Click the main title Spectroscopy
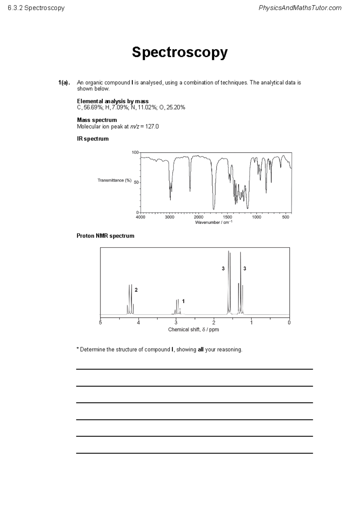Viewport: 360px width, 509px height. click(180, 53)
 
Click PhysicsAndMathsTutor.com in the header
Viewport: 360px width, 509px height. click(300, 8)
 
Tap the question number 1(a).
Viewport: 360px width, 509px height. click(64, 83)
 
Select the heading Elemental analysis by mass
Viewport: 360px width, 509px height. click(112, 101)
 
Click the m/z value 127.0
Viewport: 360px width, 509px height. click(152, 127)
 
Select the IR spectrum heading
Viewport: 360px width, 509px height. click(93, 139)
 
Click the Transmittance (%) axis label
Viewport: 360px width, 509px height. click(114, 180)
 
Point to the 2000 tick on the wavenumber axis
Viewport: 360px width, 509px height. click(199, 217)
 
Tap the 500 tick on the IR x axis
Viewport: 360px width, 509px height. click(286, 217)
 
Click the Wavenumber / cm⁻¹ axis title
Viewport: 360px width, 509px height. click(214, 222)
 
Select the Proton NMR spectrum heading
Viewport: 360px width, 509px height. click(105, 236)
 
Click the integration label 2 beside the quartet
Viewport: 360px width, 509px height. click(136, 290)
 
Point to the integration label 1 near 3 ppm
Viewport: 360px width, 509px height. click(183, 301)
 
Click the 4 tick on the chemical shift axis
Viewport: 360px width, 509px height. click(138, 323)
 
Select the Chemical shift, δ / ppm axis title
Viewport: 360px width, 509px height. click(193, 330)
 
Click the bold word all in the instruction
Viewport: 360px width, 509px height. click(201, 350)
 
